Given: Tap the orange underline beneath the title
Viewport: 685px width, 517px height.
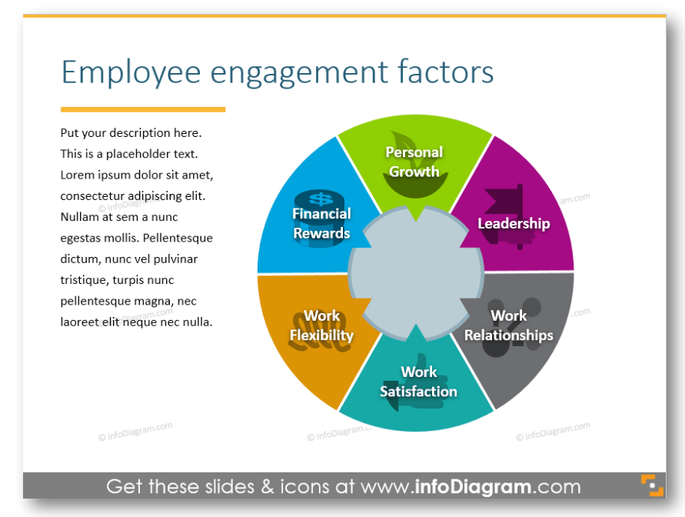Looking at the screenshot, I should point(143,109).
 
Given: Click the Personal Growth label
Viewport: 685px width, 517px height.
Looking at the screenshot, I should point(414,162).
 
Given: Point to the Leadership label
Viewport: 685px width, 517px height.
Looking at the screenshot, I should point(514,223).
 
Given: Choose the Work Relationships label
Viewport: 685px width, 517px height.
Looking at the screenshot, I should point(509,325).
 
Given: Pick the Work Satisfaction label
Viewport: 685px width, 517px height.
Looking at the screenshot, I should point(418,382).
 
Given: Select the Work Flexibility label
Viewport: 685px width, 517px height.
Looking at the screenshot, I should point(321,325).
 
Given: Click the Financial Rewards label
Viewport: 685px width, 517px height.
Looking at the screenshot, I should point(321,223).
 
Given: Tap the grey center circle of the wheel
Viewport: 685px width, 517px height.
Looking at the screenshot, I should point(416,273).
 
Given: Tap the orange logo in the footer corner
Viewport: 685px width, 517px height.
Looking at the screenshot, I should point(652,486).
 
